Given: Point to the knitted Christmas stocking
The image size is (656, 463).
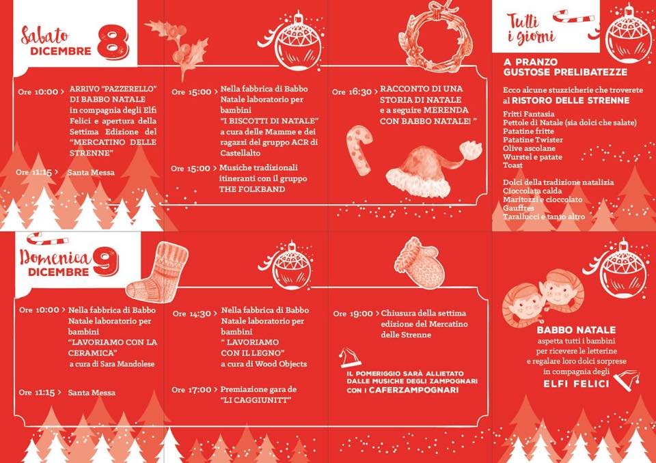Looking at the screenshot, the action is tap(157, 272).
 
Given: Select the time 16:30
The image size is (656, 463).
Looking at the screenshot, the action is tap(360, 92).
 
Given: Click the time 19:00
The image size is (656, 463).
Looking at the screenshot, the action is tap(361, 313).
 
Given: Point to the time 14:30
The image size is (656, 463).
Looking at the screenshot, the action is tap(200, 313).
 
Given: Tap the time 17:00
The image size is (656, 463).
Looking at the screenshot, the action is tap(200, 390).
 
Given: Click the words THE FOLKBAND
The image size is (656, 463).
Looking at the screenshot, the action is tap(252, 189).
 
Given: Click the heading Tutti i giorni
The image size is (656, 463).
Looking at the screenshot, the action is tap(530, 29).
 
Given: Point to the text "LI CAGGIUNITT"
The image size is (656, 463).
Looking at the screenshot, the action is tap(256, 400).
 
